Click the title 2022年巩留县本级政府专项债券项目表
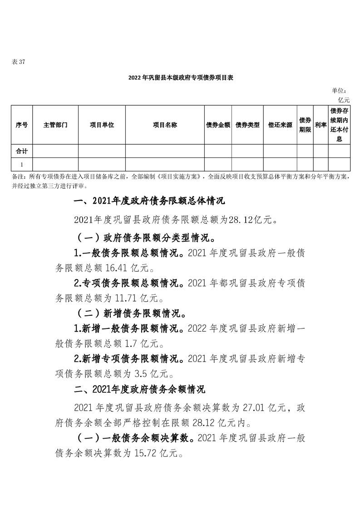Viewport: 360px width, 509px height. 180,78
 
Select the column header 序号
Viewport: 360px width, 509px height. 21,125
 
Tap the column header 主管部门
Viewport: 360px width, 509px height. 55,125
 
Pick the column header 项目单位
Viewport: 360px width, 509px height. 102,125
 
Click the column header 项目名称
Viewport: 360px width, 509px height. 165,125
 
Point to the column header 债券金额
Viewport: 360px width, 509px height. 218,125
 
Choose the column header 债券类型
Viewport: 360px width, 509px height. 247,125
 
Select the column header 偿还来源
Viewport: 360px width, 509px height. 280,125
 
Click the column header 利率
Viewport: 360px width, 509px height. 321,125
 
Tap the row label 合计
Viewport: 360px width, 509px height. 21,151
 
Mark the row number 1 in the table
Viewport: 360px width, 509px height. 21,164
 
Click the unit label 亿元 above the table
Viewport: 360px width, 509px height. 343,99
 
